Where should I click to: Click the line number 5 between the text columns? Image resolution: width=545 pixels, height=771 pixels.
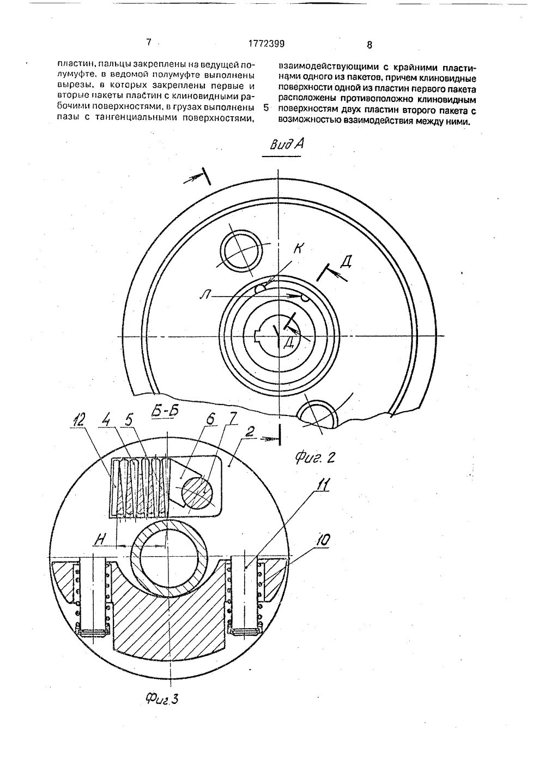265,107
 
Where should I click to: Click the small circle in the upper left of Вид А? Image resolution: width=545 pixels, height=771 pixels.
240,250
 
